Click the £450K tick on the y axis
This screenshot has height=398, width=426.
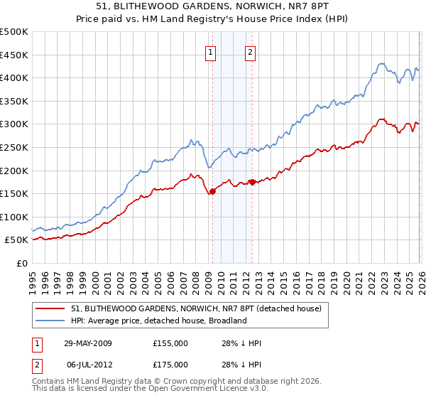pos(14,55)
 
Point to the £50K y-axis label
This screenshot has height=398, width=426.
pos(16,240)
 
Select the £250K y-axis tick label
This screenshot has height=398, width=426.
pos(14,147)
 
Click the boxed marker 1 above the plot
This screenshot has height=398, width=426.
pos(212,50)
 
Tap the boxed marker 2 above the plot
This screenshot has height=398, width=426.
pos(251,50)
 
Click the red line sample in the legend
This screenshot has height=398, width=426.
pos(51,308)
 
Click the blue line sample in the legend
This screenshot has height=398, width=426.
pos(51,321)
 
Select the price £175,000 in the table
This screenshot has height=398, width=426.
pos(170,365)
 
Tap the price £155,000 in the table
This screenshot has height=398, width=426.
pos(170,343)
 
